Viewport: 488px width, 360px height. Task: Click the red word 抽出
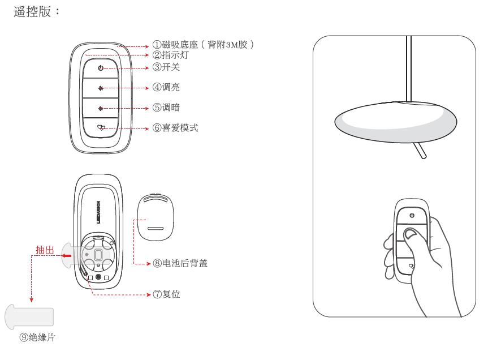(x=45, y=250)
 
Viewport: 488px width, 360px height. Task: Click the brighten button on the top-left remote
(x=101, y=88)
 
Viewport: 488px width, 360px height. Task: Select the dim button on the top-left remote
(x=101, y=108)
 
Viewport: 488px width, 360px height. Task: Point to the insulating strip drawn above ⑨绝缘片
(x=29, y=318)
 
